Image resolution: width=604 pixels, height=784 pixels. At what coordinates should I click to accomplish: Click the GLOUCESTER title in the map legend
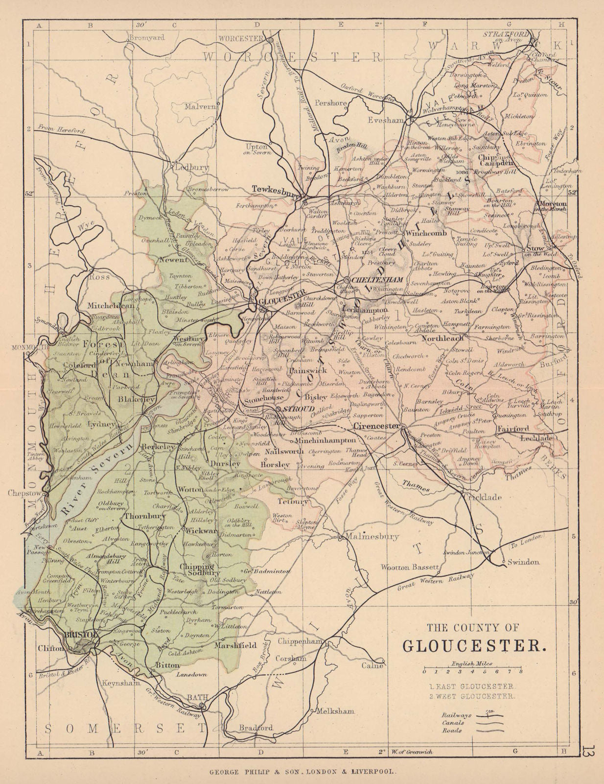(474, 646)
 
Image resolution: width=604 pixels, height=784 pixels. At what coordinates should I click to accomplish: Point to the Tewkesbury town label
(275, 188)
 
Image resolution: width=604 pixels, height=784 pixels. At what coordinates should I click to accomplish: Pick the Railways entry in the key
(456, 715)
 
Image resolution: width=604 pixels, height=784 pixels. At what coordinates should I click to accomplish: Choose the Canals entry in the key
(453, 723)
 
